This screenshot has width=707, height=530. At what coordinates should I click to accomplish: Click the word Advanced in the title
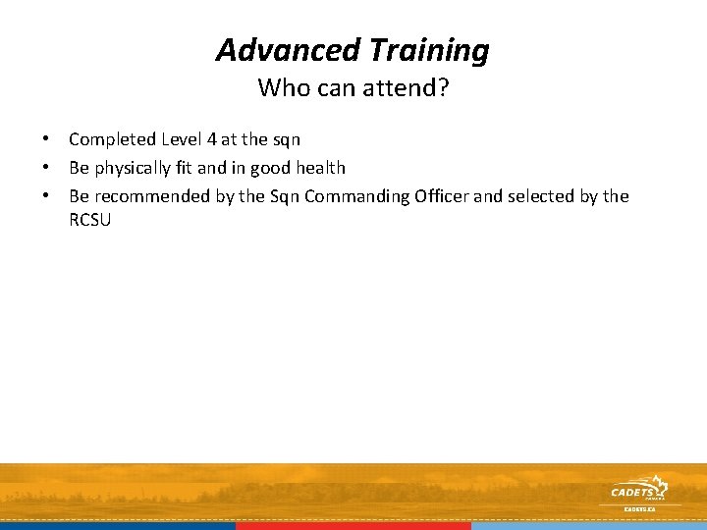276,49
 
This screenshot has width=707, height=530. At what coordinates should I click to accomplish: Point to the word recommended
152,196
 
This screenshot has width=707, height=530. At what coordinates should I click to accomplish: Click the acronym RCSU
90,220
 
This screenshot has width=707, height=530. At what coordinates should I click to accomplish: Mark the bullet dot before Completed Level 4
46,139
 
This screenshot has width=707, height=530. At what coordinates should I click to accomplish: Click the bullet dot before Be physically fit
46,168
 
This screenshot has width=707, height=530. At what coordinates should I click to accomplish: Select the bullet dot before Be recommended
46,196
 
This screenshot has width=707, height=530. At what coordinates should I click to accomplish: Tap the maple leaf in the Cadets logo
663,486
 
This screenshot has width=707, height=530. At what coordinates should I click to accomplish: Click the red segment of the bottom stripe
353,526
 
